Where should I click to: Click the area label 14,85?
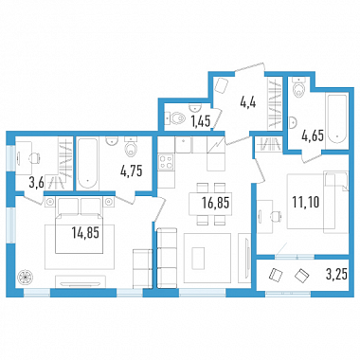pos(85,233)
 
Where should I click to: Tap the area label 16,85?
pos(216,203)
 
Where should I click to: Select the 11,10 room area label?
pos(306,202)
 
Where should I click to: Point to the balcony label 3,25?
pos(336,275)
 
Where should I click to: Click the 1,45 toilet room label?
pos(201,121)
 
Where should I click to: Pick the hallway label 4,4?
pos(247,103)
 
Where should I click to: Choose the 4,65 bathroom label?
pos(313,136)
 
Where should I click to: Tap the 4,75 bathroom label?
pos(132,171)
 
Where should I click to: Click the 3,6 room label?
pos(36,184)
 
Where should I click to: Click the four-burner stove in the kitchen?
pos(166,162)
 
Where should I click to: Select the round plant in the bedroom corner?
pos(26,277)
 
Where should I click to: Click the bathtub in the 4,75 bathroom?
pos(87,164)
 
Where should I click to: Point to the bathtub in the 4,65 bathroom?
pos(337,118)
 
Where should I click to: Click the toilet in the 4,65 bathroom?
pos(298,87)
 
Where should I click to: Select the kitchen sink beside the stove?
pos(184,145)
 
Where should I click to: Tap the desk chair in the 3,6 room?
pos(34,157)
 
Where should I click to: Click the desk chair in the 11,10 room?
pos(276,216)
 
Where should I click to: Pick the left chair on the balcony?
pos(275,275)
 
